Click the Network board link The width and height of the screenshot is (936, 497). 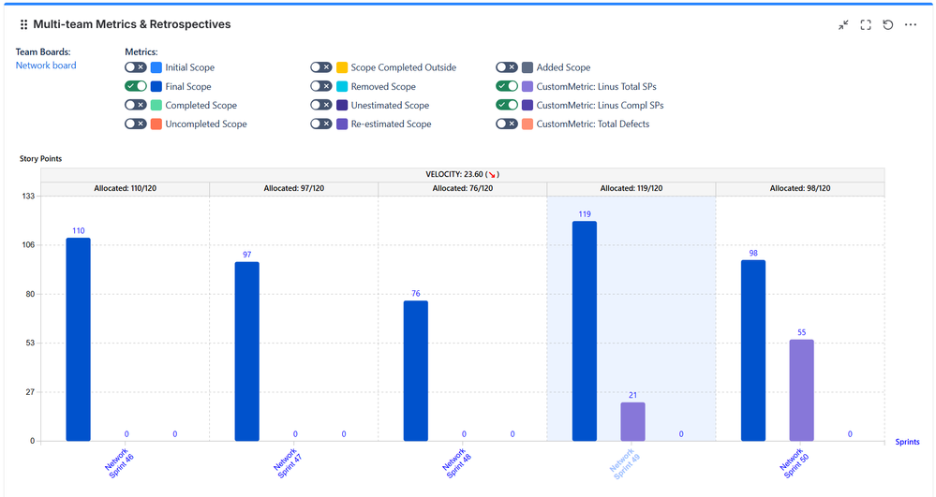pyautogui.click(x=46, y=66)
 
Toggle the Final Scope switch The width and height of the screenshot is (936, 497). pyautogui.click(x=136, y=86)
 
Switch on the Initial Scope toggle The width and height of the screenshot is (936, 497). pyautogui.click(x=136, y=67)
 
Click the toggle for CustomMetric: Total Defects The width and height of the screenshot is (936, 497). pyautogui.click(x=507, y=124)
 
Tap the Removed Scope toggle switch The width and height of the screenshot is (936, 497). pyautogui.click(x=321, y=86)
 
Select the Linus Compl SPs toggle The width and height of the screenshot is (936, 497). pyautogui.click(x=507, y=105)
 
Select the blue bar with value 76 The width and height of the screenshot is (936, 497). pyautogui.click(x=416, y=371)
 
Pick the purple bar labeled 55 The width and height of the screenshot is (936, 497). pyautogui.click(x=801, y=389)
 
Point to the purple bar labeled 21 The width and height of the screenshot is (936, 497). pyautogui.click(x=632, y=421)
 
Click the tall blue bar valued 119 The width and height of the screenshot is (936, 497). pyautogui.click(x=584, y=330)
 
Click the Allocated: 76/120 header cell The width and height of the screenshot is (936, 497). pyautogui.click(x=462, y=188)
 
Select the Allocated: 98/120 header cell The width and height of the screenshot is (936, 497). pyautogui.click(x=799, y=188)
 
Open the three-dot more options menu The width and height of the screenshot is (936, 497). pyautogui.click(x=911, y=25)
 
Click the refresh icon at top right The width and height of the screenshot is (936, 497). pyautogui.click(x=888, y=25)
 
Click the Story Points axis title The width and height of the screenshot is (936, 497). pyautogui.click(x=41, y=159)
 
